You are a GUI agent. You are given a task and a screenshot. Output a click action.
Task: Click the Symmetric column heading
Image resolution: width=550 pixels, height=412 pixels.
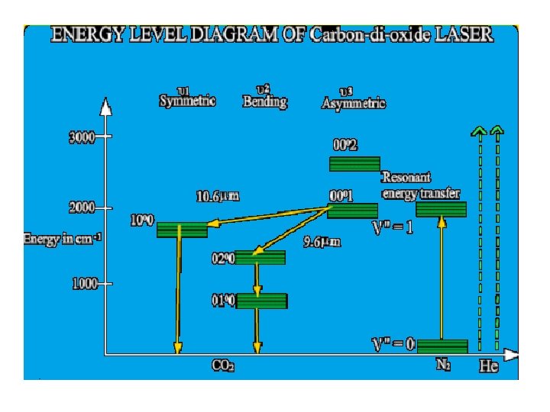coord(187,101)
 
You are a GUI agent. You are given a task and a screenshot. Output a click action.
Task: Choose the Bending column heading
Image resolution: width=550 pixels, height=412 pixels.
coord(264,101)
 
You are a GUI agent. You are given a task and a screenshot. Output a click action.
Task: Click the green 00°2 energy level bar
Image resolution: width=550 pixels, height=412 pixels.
coord(354,164)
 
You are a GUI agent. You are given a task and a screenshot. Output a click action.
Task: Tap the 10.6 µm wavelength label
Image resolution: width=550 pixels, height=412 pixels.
coord(218,197)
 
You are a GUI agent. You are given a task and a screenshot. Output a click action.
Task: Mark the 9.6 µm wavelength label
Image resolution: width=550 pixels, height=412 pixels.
coord(320,242)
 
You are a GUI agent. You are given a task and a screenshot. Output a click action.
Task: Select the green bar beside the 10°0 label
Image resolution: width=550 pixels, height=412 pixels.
coord(182,229)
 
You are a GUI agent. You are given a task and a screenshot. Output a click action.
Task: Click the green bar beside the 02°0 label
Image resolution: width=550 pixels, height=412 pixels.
coord(260,257)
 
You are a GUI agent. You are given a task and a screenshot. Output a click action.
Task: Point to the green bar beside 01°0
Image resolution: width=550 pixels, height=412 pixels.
coord(261,301)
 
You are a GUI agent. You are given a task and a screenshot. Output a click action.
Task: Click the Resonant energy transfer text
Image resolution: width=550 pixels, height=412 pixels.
coord(421,185)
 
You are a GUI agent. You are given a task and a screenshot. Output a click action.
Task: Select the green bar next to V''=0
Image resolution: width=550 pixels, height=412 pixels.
coord(442,346)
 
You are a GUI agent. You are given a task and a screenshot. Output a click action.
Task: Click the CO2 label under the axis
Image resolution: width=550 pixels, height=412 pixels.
coord(222,366)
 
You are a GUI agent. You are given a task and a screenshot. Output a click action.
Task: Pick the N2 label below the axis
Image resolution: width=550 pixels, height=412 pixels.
coord(442,365)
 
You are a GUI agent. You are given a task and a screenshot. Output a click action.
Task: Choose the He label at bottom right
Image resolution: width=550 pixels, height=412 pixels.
coord(489,367)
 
